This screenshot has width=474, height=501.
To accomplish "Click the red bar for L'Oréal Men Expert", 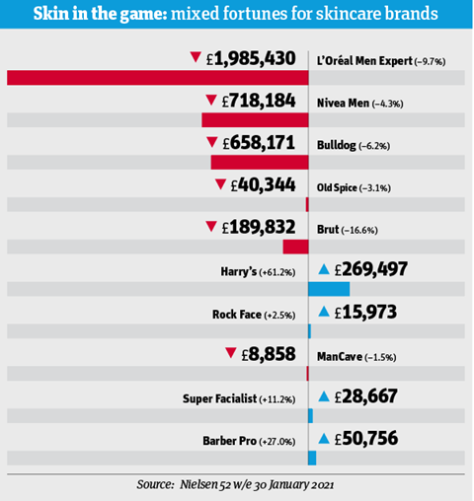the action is click(158, 78).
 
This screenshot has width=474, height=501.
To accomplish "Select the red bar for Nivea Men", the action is click(255, 120).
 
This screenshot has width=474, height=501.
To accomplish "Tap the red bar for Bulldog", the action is click(260, 163).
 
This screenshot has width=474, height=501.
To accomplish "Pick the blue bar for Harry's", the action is click(329, 289).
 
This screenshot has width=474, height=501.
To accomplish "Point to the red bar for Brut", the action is click(295, 247).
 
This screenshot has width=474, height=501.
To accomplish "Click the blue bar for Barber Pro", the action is click(312, 458).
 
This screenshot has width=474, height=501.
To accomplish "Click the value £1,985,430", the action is click(251, 58).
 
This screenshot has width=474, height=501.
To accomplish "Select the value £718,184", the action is click(259, 101).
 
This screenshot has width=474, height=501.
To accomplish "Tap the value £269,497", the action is click(371, 269).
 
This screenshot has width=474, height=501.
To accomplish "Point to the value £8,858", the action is click(269, 354).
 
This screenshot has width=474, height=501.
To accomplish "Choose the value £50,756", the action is click(366, 439).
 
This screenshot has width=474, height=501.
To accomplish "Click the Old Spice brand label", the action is click(337, 187).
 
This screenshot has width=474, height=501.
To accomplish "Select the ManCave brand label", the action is click(340, 357).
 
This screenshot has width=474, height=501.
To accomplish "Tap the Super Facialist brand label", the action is click(219, 398).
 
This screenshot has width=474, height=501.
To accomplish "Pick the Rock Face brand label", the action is click(237, 315).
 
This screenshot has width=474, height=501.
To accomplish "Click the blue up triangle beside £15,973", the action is click(324, 312).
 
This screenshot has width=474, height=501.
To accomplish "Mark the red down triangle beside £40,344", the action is click(220, 184).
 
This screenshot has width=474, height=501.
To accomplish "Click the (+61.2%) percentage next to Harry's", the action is click(277, 273).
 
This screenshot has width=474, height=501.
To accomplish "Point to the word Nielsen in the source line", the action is click(198, 484).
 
